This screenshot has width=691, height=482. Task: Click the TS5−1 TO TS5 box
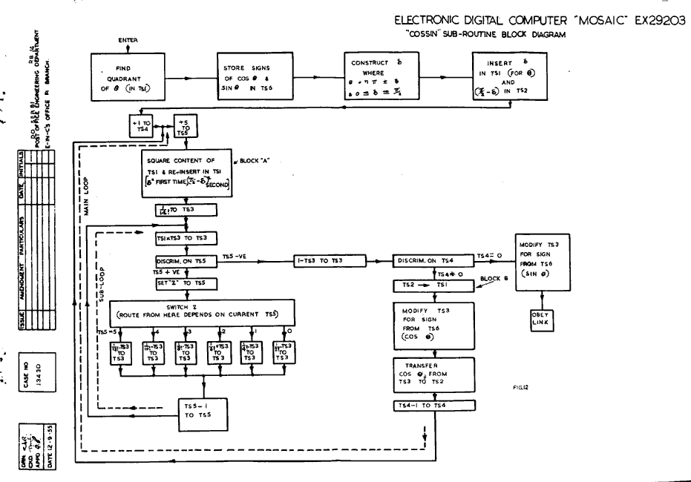point(199,411)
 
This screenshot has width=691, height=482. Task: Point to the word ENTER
point(129,39)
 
